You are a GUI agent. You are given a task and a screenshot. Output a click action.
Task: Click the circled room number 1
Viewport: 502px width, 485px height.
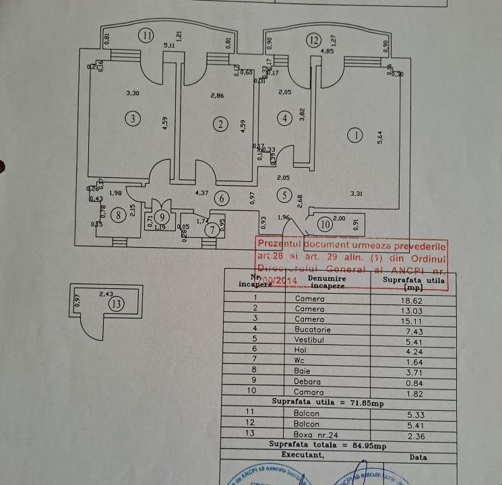354,135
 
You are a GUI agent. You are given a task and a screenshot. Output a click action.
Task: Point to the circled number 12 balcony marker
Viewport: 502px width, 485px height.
313,40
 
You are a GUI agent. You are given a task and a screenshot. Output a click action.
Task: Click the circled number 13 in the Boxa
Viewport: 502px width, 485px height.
117,304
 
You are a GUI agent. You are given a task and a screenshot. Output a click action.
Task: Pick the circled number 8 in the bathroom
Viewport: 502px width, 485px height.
119,216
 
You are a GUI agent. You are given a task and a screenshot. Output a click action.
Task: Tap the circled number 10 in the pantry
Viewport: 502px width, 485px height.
324,224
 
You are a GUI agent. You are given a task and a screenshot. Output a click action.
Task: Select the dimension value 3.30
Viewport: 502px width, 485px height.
133,94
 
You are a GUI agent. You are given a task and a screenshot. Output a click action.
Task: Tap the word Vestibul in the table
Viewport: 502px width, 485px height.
309,339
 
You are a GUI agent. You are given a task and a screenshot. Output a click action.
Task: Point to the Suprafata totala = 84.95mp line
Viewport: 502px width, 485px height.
327,445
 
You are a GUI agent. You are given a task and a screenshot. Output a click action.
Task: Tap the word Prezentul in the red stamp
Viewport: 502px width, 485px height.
280,244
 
